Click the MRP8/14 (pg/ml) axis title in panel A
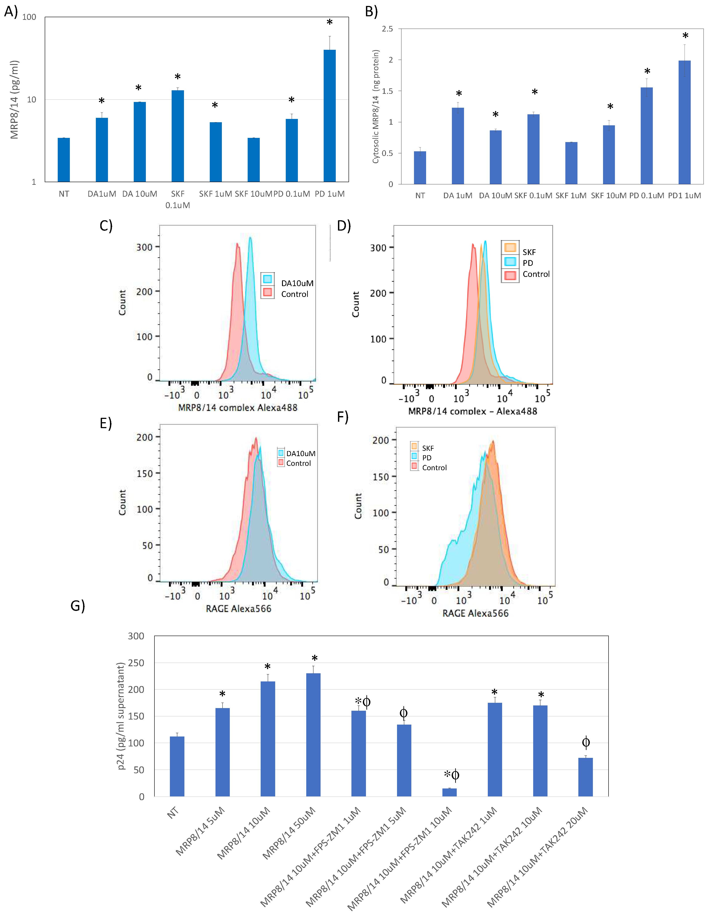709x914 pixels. tap(14, 100)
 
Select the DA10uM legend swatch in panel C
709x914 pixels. tap(267, 279)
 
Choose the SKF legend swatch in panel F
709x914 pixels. tap(414, 446)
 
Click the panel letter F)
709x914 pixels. tap(343, 417)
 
